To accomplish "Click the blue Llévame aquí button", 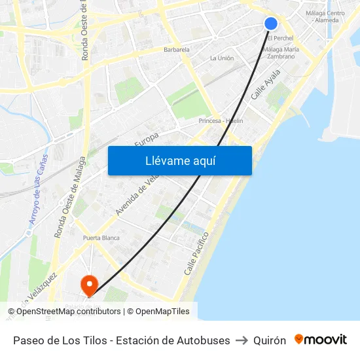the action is coord(179,160).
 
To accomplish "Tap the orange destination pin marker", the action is coord(88,285).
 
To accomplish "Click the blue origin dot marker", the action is coord(271,24).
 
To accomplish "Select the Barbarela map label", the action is coord(177,49).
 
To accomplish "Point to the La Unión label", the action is coord(222,58).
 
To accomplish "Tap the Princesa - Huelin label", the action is coord(221,121).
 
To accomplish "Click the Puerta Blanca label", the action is coord(101,238).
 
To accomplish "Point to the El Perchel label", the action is coord(279,38).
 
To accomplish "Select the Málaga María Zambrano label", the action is coord(281,52).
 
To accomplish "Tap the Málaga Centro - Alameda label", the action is coord(325,16).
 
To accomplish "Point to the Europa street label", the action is coord(147,139).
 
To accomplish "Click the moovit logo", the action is coord(321,340).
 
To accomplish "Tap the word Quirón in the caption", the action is coord(270,340).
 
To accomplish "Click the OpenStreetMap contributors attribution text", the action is coord(65,312).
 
